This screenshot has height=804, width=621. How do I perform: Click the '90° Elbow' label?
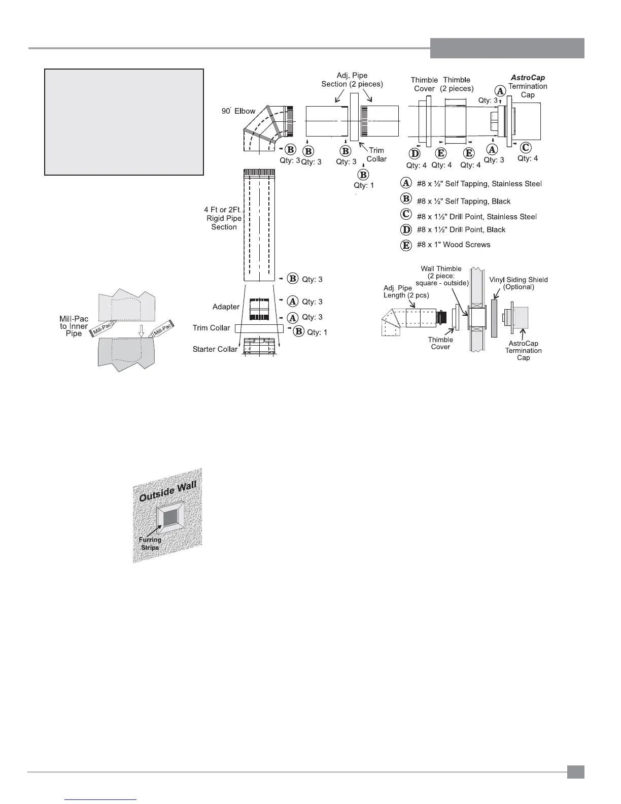point(238,111)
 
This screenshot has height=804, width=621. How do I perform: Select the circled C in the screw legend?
point(406,216)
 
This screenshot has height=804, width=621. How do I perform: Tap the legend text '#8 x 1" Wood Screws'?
point(453,245)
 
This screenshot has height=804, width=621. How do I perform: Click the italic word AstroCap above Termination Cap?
point(528,78)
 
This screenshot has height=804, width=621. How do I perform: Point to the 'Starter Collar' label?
point(215,349)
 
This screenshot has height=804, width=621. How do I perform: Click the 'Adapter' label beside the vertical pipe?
point(226,307)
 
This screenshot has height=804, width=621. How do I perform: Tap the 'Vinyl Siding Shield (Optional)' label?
point(519,283)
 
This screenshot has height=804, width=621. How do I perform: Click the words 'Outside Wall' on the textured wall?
point(167,491)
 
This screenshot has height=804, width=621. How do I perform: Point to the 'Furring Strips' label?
point(150,544)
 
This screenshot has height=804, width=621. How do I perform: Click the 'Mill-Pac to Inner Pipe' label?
point(74,326)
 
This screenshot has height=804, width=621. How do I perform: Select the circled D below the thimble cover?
point(416,153)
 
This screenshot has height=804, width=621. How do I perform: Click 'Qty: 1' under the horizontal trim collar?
point(364,185)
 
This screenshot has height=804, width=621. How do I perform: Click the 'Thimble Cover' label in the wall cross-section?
point(440,344)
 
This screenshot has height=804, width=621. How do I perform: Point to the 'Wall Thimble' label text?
point(441,269)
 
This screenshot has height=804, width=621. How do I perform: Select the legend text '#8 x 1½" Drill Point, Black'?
point(461,230)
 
